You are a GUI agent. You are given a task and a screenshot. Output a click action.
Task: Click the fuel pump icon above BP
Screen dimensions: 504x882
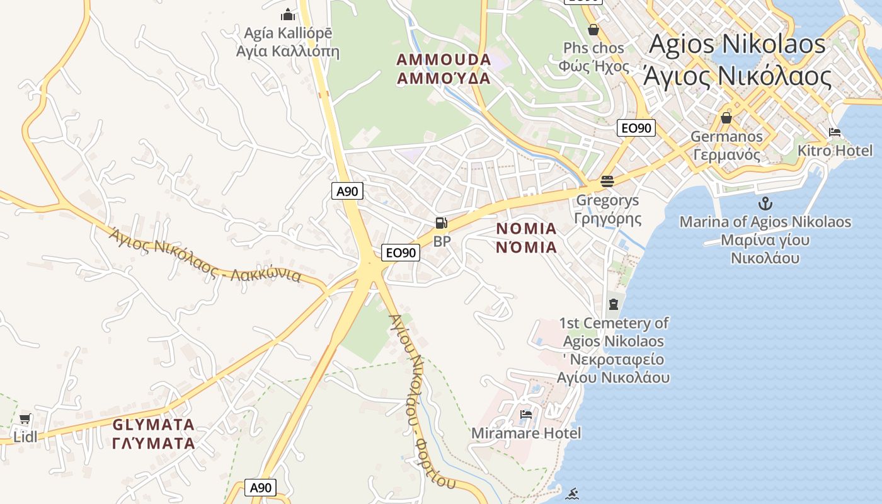(x=442, y=222)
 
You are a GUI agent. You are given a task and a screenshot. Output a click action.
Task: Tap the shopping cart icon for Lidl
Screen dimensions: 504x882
(x=25, y=419)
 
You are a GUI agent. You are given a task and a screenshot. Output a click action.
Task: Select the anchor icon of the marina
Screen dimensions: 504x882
(x=765, y=203)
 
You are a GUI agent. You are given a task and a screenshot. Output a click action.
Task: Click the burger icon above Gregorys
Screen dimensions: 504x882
(x=607, y=181)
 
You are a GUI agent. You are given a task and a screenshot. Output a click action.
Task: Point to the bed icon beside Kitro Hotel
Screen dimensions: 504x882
(x=835, y=132)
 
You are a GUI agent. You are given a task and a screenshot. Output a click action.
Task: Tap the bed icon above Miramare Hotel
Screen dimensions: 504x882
(x=526, y=415)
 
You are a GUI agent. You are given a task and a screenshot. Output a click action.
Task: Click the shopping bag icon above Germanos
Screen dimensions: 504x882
(x=726, y=118)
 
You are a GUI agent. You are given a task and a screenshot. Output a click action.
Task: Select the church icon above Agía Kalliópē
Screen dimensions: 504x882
(x=288, y=14)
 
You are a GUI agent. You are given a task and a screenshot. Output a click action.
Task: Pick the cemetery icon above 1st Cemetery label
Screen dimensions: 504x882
(x=614, y=304)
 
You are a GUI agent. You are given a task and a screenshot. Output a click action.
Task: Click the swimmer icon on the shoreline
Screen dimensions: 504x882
(x=572, y=493)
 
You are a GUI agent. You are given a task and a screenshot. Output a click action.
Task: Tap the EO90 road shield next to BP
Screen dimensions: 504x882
(x=401, y=253)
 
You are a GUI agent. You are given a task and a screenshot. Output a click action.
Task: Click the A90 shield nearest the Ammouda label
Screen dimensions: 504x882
(x=347, y=191)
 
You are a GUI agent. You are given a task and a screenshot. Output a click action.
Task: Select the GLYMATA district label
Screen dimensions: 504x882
(x=154, y=433)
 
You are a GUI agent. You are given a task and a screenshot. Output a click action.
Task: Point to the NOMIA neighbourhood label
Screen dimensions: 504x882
(x=527, y=238)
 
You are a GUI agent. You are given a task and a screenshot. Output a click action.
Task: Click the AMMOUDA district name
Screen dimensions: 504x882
(x=444, y=69)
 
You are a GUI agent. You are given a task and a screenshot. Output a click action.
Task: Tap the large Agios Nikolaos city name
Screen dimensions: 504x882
(x=737, y=60)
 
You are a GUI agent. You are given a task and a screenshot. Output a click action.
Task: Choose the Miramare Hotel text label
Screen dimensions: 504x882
(x=526, y=433)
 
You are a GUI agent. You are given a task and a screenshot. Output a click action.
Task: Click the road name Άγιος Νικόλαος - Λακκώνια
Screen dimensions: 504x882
(x=205, y=255)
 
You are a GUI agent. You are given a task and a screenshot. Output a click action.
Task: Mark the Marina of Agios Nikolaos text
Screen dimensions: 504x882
(x=765, y=239)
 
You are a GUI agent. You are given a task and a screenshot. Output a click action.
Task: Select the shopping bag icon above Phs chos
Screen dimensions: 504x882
(x=593, y=30)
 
